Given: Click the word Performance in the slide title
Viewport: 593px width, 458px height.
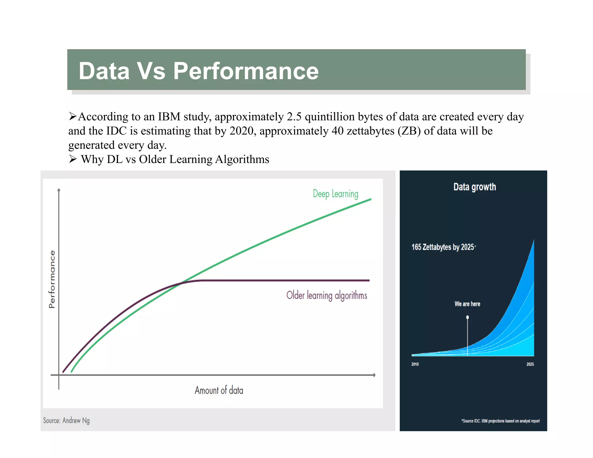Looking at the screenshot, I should point(246,71).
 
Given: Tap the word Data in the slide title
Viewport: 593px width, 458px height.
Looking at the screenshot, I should point(104,71).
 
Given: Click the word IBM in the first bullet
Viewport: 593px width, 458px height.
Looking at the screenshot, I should point(169,117).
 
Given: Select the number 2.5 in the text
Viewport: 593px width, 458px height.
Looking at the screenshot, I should point(294,117).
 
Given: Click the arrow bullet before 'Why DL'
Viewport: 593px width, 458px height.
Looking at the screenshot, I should point(73,159).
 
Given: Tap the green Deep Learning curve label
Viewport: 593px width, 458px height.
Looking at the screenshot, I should point(335,194).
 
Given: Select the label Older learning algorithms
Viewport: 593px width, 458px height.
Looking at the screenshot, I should point(327,295).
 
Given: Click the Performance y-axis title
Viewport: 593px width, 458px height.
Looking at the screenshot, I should point(52,279).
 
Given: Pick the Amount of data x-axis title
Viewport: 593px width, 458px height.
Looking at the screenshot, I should point(219,390).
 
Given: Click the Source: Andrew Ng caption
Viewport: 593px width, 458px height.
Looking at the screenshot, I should point(66,420).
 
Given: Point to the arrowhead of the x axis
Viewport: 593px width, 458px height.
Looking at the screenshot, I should point(374,375).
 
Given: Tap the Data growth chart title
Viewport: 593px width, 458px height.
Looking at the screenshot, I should point(474,187).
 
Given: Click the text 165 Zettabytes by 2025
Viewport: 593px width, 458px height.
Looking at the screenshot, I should point(443,247).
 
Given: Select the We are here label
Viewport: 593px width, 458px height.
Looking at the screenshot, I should point(467,304).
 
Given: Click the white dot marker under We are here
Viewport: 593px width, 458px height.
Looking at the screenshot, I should point(467,317).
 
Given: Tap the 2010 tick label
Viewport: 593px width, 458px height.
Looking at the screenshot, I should point(415,364).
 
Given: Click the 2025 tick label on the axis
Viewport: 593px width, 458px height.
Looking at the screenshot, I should point(530,364).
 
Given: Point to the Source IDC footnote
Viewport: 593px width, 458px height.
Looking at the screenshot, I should point(500,421).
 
